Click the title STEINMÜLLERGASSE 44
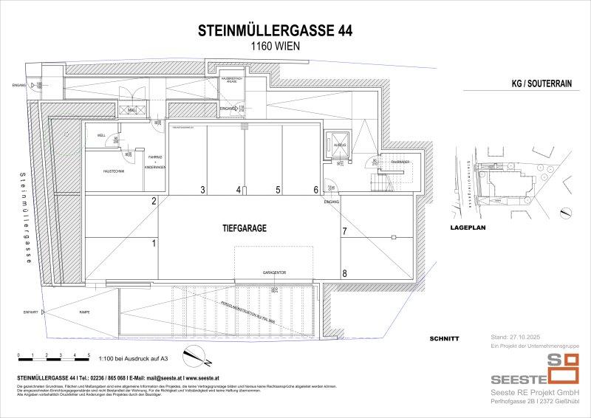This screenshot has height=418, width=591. [x=276, y=30]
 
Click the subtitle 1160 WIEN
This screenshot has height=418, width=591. [x=276, y=46]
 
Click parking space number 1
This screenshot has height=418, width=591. [x=154, y=242]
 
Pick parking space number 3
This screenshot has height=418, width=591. [x=202, y=190]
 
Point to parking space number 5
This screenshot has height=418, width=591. [x=277, y=190]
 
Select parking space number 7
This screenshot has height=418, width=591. [x=344, y=231]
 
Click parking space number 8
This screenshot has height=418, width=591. [x=344, y=273]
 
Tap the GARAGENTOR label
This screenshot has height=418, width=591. [x=273, y=273]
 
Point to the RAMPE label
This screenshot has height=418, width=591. [x=85, y=312]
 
